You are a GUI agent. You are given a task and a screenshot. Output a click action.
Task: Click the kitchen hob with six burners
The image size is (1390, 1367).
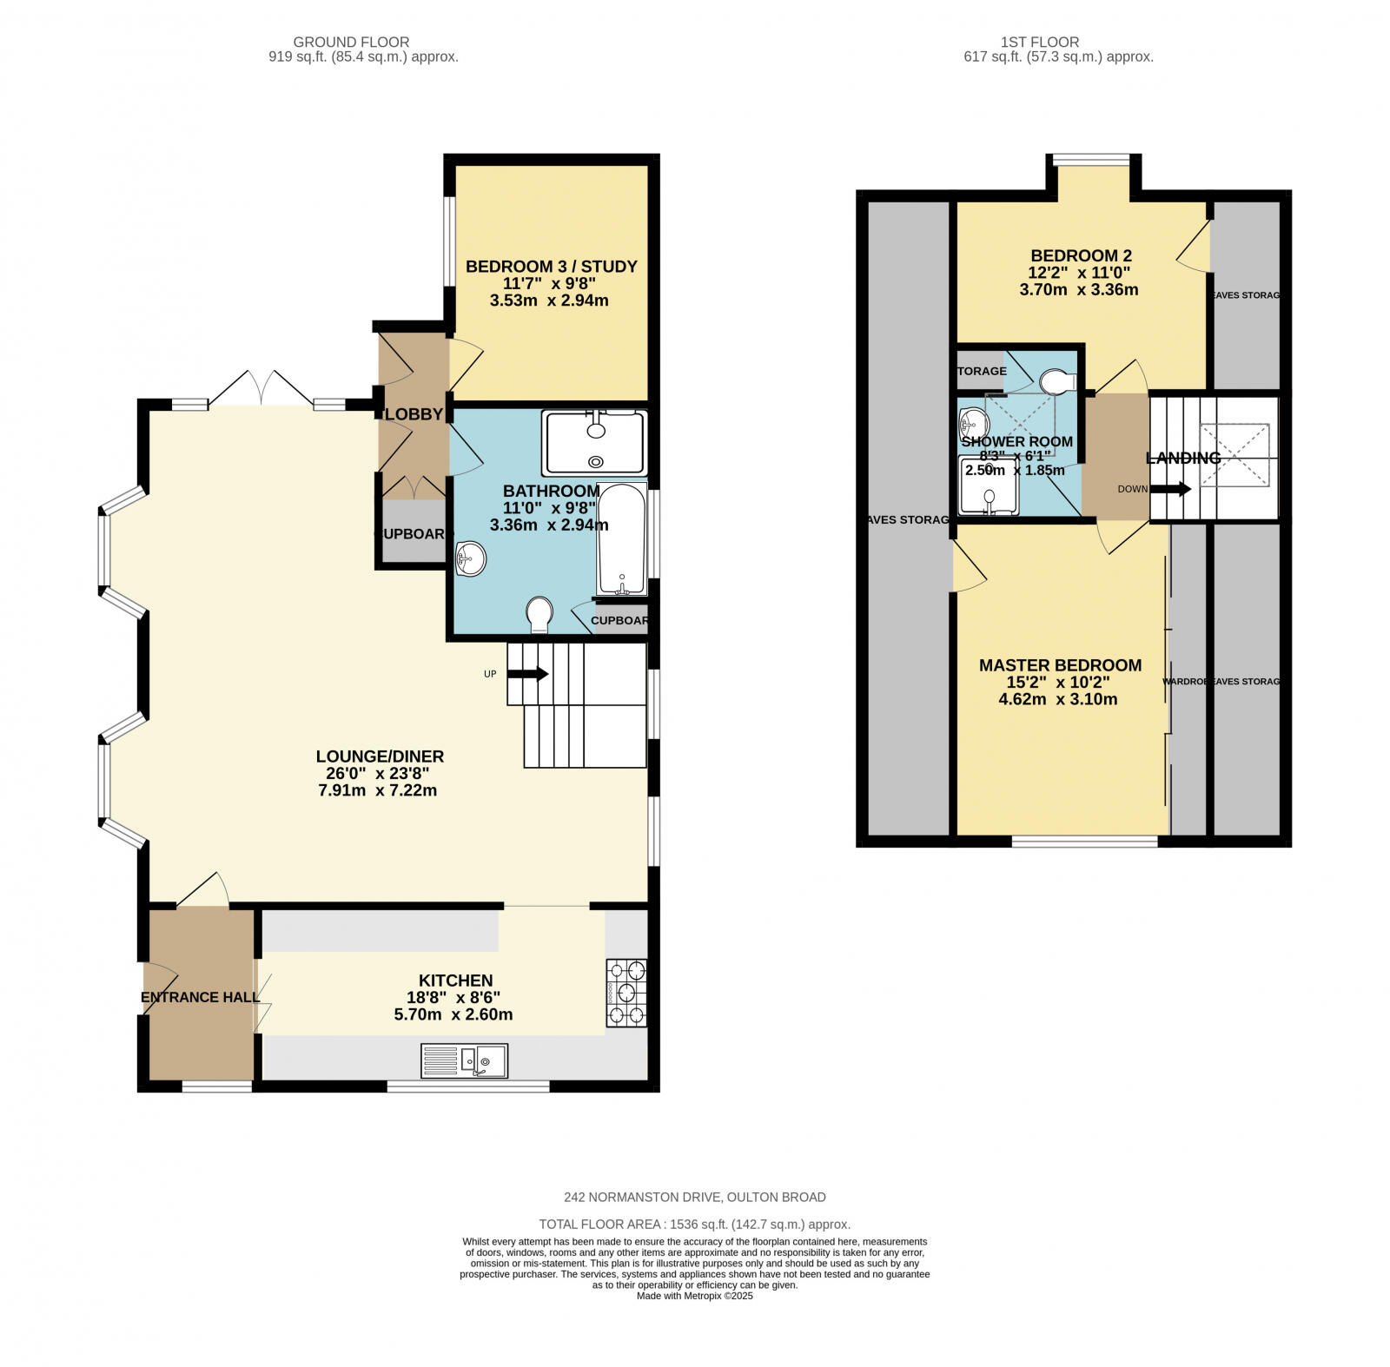[626, 993]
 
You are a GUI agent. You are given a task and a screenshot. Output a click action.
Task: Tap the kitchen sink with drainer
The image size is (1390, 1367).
[465, 1060]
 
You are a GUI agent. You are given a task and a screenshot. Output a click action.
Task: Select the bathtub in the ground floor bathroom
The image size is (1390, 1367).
[622, 539]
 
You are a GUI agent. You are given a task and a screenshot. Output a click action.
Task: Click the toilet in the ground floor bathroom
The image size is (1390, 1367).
[540, 614]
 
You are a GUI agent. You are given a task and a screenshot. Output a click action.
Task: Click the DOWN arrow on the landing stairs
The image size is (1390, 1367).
[1170, 489]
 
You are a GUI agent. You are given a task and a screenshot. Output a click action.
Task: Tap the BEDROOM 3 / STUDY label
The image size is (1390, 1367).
[552, 267]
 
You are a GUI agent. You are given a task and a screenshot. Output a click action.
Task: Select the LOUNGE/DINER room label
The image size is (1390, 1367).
[380, 756]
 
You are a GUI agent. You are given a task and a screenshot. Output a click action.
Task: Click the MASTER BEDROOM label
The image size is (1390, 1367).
[1060, 665]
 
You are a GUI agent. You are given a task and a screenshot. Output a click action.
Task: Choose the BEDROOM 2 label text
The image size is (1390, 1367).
[1081, 256]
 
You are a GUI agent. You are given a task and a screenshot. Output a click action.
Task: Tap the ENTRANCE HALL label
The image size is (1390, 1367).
[201, 997]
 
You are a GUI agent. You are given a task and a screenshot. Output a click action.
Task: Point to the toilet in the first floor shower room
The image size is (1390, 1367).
[1057, 381]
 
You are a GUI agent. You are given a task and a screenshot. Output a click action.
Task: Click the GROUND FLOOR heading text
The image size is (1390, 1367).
[351, 42]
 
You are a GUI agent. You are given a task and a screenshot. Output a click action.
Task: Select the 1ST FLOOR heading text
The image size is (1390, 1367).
[1039, 42]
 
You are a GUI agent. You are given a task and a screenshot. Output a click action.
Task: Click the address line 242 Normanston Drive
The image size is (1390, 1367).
[694, 1197]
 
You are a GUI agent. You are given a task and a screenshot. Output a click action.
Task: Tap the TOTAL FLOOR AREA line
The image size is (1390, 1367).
[694, 1225]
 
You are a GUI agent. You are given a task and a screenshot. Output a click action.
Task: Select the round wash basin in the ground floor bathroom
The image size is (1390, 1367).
[470, 558]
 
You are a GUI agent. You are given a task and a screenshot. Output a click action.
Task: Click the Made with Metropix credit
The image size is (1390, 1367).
[694, 1296]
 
